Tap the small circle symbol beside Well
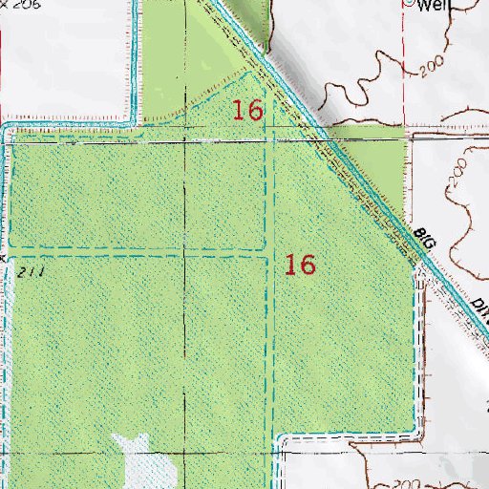tap(409, 3)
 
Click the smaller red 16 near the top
tap(247, 110)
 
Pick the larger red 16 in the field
tap(301, 265)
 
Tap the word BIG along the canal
tap(426, 242)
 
